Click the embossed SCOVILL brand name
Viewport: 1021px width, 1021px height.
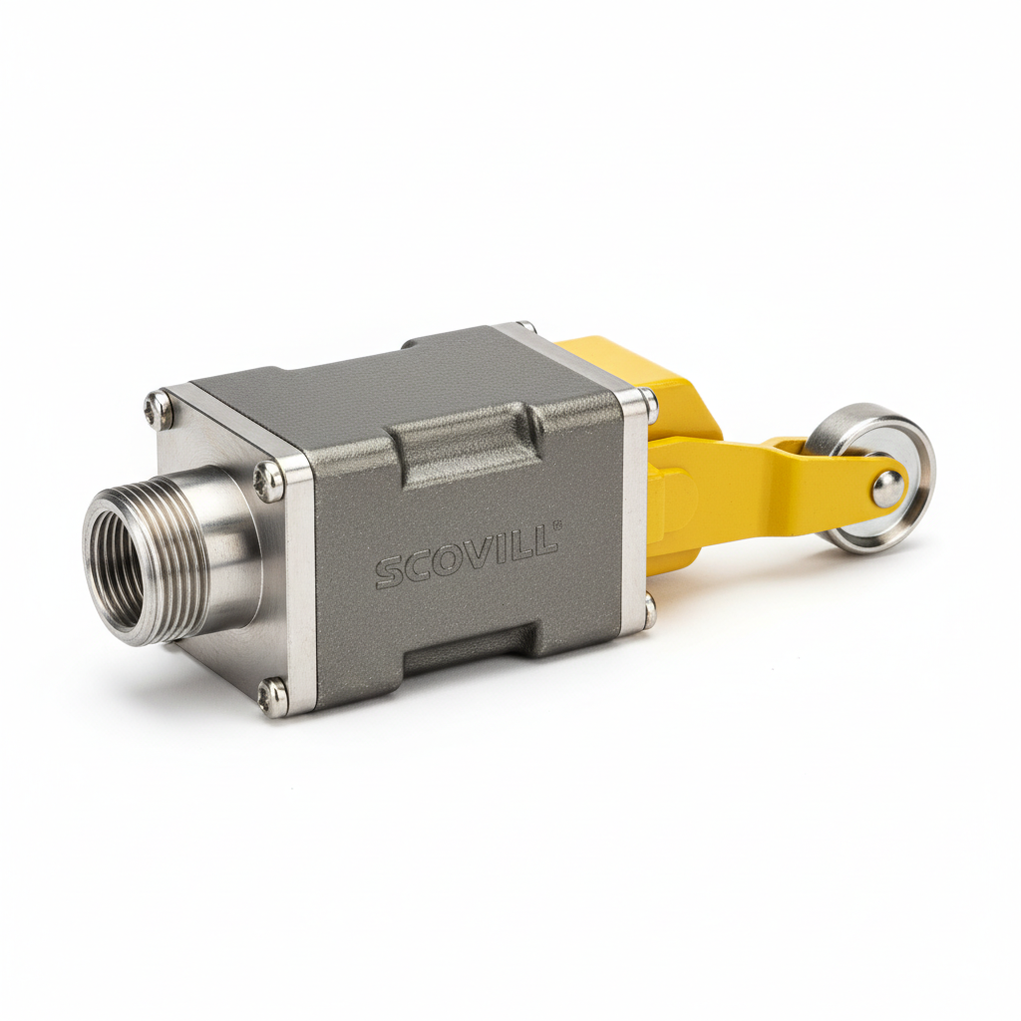[466, 557]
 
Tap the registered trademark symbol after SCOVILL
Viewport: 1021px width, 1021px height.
[558, 525]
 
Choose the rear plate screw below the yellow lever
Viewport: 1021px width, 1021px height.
[648, 610]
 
